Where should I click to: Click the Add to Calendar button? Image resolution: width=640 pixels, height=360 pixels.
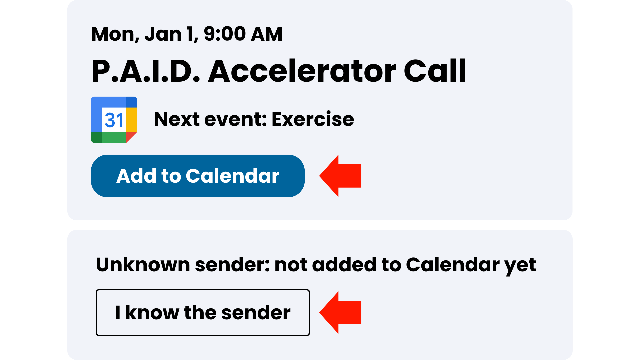(198, 176)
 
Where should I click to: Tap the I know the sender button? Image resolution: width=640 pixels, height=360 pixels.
(203, 312)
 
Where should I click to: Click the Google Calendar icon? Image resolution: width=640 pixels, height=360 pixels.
(114, 120)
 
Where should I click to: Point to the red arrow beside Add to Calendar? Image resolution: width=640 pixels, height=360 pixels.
(340, 176)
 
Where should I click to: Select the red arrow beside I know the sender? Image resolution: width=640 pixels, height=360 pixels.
(340, 312)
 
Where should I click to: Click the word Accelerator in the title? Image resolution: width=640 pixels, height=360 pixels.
(302, 71)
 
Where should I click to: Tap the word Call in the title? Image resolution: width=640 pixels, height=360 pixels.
(435, 71)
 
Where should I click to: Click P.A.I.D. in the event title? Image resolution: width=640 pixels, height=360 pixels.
(146, 71)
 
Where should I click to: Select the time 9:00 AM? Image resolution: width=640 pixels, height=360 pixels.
(243, 34)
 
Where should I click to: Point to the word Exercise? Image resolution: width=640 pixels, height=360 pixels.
(313, 119)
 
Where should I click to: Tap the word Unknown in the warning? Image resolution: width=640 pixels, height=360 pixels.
(143, 265)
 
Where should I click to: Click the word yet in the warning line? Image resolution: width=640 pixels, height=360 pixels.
(520, 266)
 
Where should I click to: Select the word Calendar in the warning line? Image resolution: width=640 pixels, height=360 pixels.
(453, 265)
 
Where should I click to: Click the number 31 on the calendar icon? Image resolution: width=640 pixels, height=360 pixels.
(114, 120)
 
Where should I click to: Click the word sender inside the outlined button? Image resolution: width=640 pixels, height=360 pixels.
(256, 313)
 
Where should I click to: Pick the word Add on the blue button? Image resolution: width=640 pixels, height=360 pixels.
(136, 176)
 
